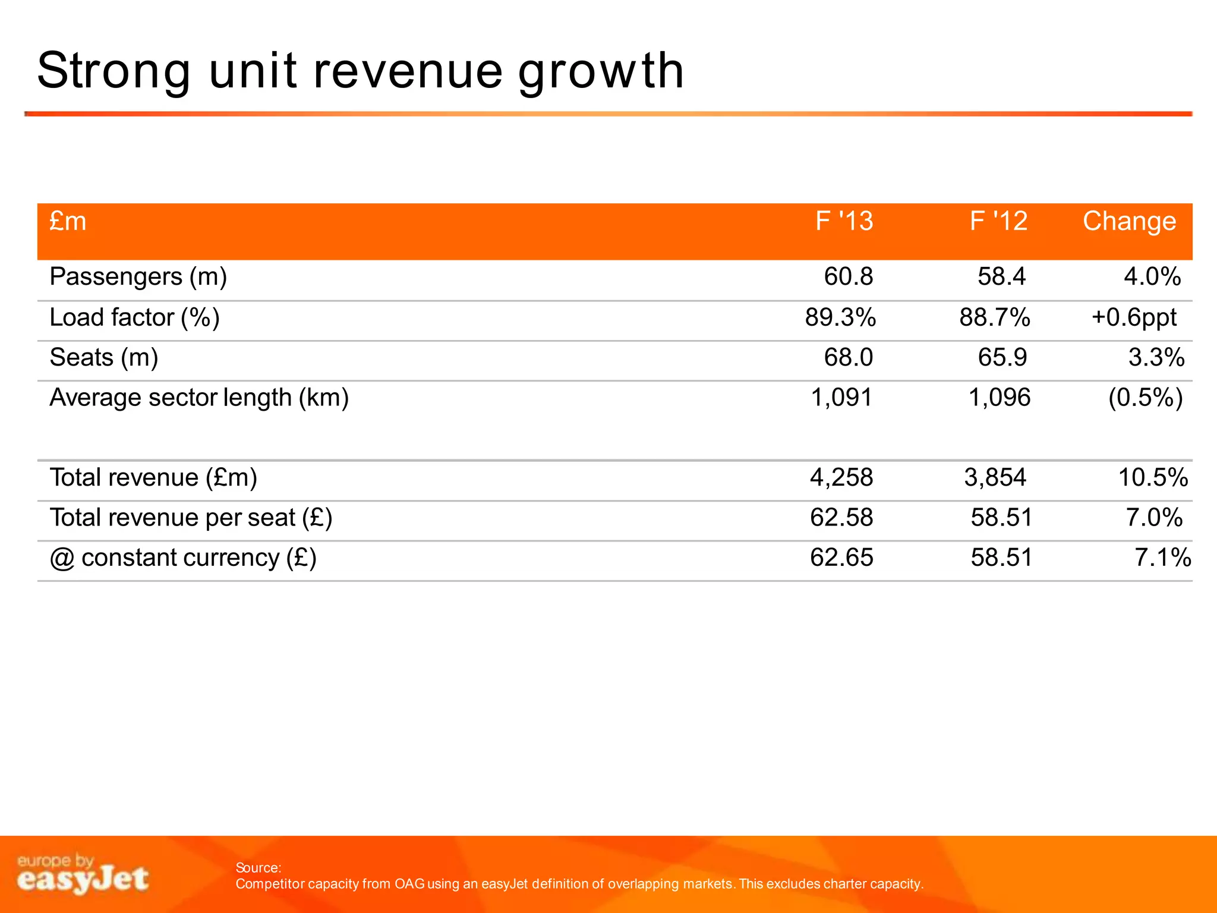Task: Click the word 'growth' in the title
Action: [601, 72]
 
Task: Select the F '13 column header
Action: [844, 221]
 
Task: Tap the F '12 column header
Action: [998, 221]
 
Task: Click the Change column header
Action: [1129, 221]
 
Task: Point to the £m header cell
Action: [68, 221]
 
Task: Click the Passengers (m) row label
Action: [138, 277]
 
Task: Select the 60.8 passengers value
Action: [848, 277]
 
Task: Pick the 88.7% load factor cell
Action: [994, 317]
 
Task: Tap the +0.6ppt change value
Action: [1134, 317]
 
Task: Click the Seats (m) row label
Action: [104, 358]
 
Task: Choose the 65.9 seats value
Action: [1002, 358]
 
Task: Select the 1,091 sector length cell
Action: [841, 398]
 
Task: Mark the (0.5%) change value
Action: [1145, 398]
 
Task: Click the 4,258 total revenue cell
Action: [841, 478]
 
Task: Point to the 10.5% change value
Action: [1153, 478]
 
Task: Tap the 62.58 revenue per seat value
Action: [841, 518]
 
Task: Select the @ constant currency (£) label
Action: [183, 558]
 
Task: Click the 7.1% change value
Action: [1162, 558]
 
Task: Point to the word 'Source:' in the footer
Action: [258, 868]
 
